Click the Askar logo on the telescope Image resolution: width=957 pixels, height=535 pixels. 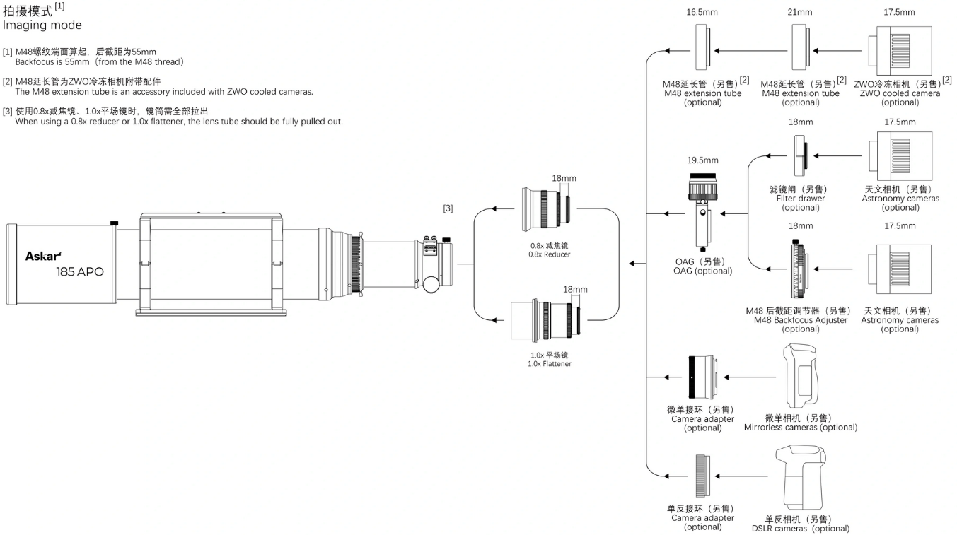point(43,257)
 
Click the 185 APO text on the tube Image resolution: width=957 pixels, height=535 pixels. point(80,272)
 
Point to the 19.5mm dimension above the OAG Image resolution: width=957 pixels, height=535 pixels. point(702,160)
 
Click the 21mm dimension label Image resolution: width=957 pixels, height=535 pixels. point(800,12)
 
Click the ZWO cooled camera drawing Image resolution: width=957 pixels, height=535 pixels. point(900,50)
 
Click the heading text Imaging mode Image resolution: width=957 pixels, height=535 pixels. point(42,25)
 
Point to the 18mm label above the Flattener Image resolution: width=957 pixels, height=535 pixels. point(575,290)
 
